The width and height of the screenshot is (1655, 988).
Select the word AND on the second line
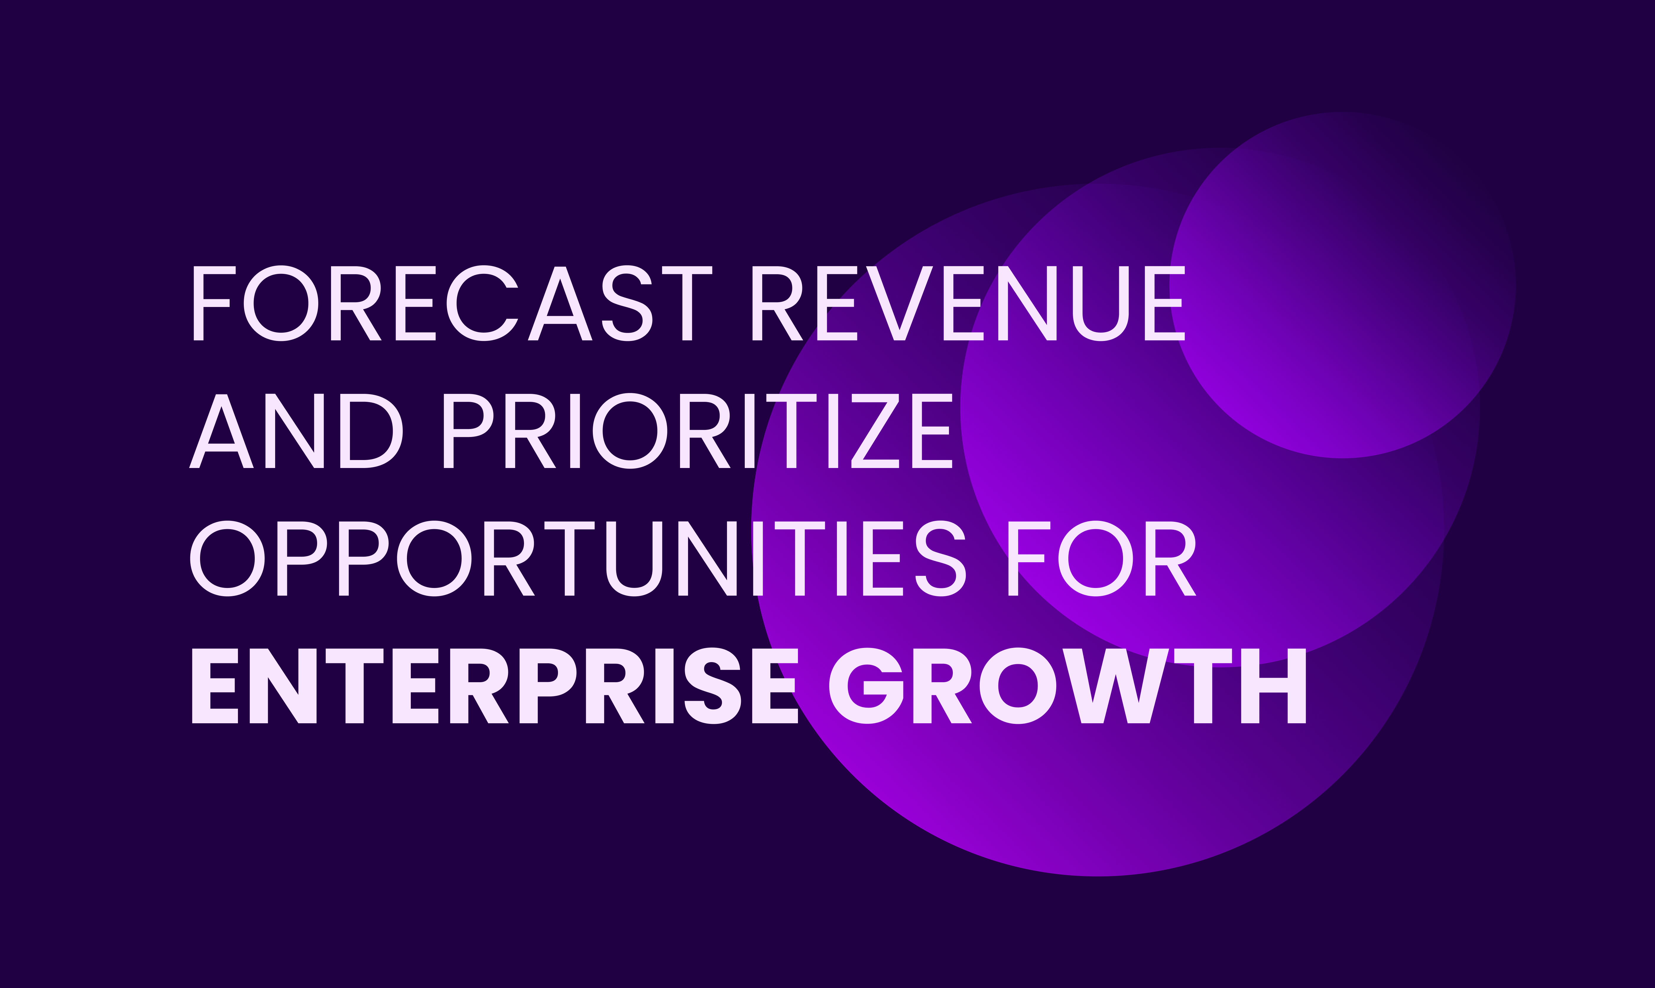click(296, 431)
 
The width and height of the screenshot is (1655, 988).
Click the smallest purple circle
click(1343, 285)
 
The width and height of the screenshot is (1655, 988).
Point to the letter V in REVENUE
click(899, 304)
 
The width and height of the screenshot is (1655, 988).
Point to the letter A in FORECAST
click(561, 304)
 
